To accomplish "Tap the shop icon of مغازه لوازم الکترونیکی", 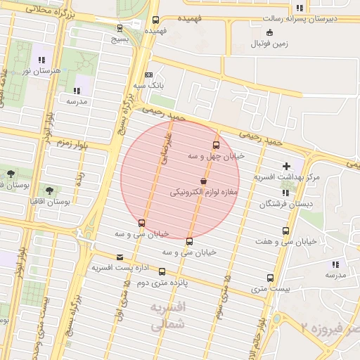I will pyautogui.click(x=203, y=181).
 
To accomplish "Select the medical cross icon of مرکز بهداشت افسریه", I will pyautogui.click(x=286, y=165).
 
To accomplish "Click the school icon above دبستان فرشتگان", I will pyautogui.click(x=285, y=193).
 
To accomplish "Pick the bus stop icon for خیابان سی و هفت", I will pyautogui.click(x=285, y=231).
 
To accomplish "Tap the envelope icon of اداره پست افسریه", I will pyautogui.click(x=120, y=257).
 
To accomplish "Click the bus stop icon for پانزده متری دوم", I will pyautogui.click(x=162, y=271).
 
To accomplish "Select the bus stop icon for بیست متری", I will pyautogui.click(x=270, y=278).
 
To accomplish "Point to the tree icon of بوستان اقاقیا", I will pyautogui.click(x=49, y=190).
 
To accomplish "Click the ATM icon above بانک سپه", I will pyautogui.click(x=148, y=75).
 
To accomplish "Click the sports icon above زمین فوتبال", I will pyautogui.click(x=269, y=32).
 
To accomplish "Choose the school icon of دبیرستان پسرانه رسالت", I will pyautogui.click(x=300, y=8).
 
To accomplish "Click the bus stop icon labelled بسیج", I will pyautogui.click(x=120, y=29).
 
